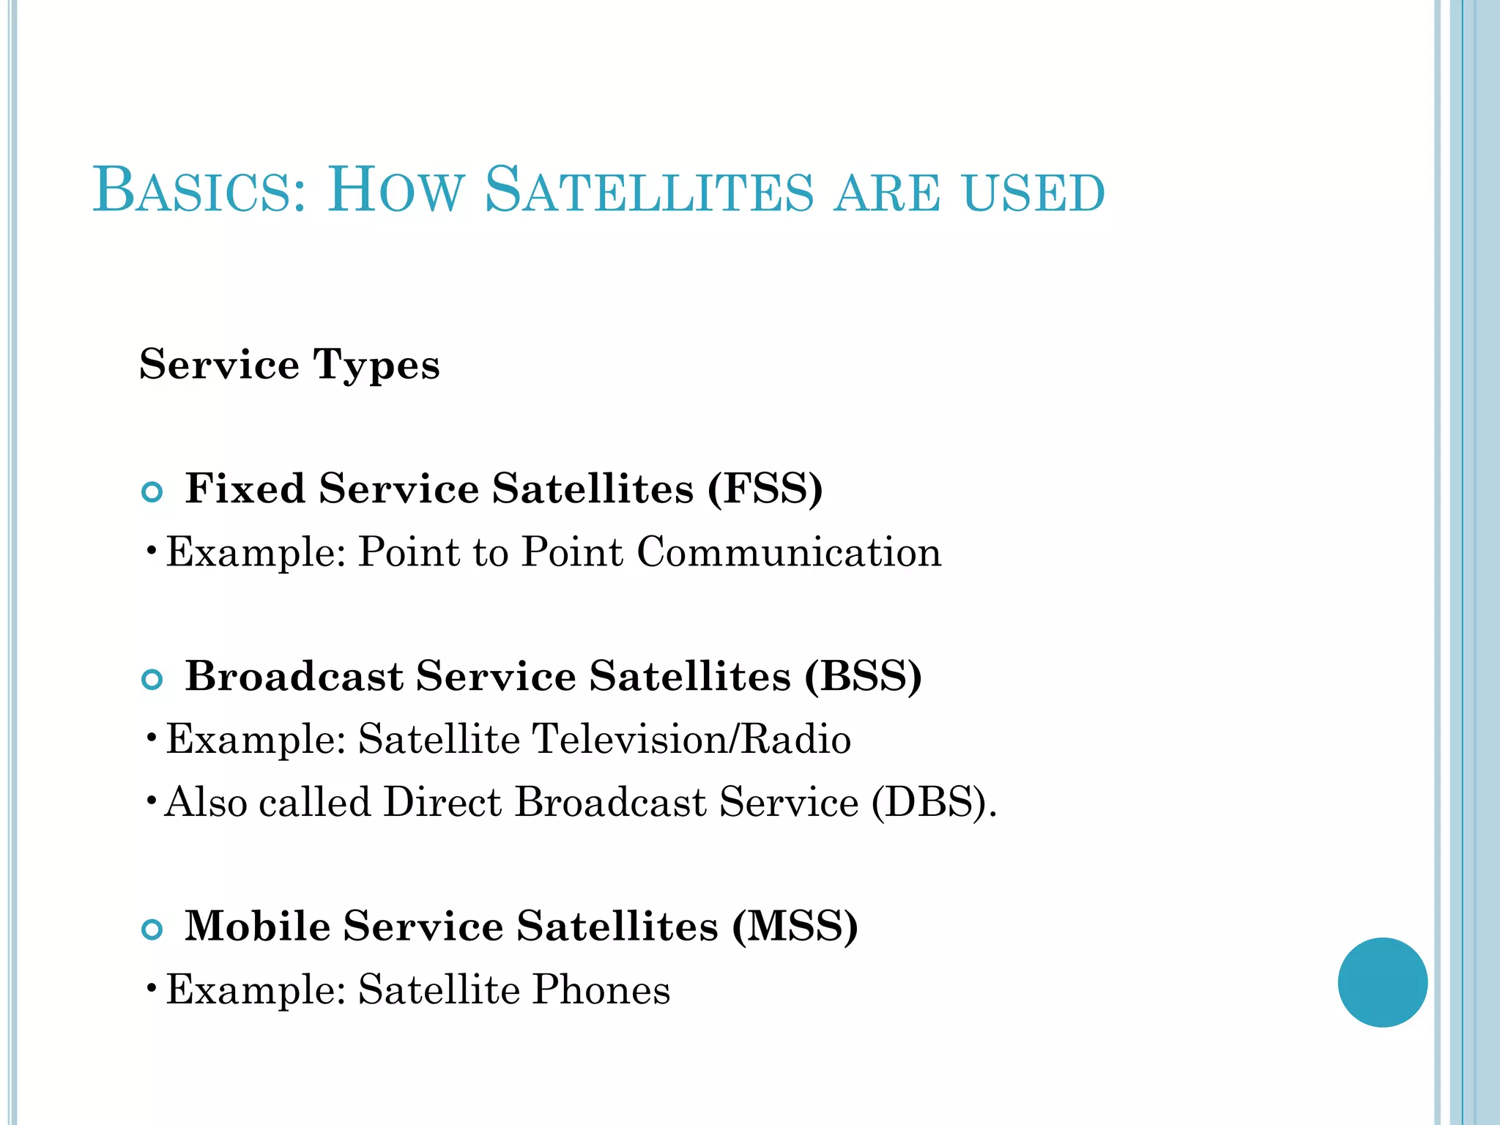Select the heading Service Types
tap(289, 365)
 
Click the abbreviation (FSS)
tap(765, 489)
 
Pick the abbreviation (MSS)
tap(795, 927)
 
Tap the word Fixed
tap(245, 489)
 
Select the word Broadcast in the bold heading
tap(294, 676)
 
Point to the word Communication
tap(789, 552)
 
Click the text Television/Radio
tap(691, 739)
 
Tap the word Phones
tap(601, 990)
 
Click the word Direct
tap(442, 802)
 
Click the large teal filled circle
tap(1382, 982)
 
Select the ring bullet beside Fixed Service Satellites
tap(152, 492)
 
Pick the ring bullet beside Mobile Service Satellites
tap(152, 930)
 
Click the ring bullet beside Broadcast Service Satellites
tap(152, 680)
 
